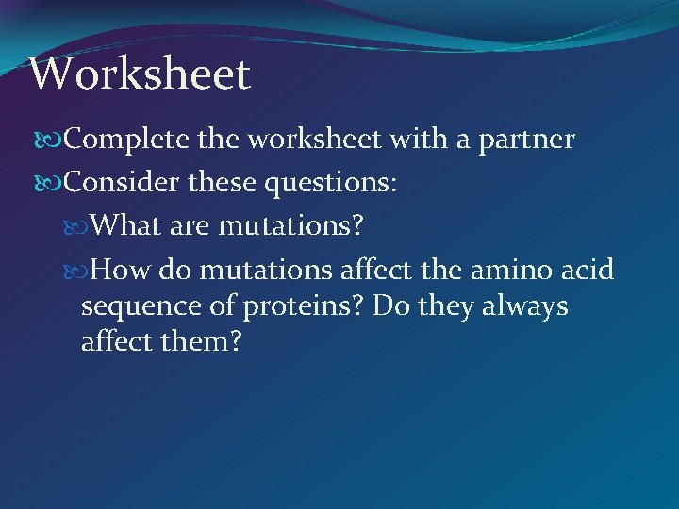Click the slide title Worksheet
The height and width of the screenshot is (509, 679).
tap(140, 74)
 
